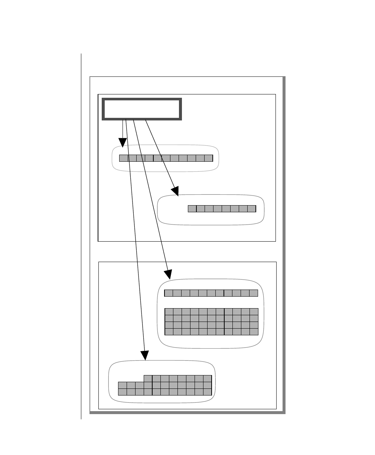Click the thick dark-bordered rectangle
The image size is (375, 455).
pyautogui.click(x=142, y=109)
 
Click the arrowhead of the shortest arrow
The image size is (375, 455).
pyautogui.click(x=123, y=143)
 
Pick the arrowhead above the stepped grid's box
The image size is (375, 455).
pyautogui.click(x=144, y=355)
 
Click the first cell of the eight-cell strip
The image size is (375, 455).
pyautogui.click(x=192, y=209)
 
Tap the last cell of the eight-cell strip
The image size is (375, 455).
pyautogui.click(x=252, y=209)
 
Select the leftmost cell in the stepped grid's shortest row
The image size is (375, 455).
pyautogui.click(x=148, y=378)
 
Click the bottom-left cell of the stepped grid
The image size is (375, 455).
pyautogui.click(x=123, y=392)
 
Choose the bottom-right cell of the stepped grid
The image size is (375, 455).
pyautogui.click(x=208, y=392)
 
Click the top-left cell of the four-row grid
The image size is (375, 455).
pyautogui.click(x=169, y=312)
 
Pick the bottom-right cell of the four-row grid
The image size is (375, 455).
pyautogui.click(x=254, y=332)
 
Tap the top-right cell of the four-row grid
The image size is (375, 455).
pyautogui.click(x=254, y=312)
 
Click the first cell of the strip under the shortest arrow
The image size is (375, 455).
pyautogui.click(x=124, y=158)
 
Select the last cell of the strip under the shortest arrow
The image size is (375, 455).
pyautogui.click(x=209, y=158)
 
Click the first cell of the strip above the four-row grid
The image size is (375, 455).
pyautogui.click(x=169, y=293)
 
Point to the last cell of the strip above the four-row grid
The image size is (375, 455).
pyautogui.click(x=254, y=293)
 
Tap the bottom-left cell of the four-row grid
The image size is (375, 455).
pyautogui.click(x=169, y=332)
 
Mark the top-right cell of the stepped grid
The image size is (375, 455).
pyautogui.click(x=208, y=378)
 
